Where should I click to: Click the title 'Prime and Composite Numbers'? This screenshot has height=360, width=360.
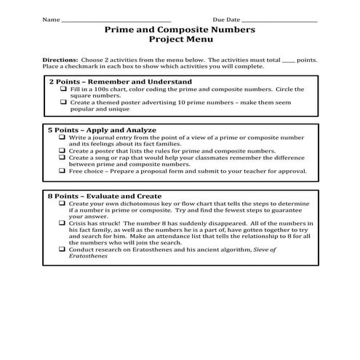180,31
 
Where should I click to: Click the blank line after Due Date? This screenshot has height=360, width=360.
278,20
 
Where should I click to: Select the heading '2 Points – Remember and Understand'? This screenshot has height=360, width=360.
120,81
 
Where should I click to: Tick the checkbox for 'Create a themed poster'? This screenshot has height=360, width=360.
64,103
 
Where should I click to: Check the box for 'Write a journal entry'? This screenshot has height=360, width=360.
64,137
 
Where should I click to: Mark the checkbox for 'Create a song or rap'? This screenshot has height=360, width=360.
64,157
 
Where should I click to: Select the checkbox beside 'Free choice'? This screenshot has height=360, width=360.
64,171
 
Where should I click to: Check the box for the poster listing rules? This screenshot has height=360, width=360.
64,151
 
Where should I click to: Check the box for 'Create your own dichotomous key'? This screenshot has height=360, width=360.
64,204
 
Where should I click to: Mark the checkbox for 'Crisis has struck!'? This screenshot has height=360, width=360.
64,225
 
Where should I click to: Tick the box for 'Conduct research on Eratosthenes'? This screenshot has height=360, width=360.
64,249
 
